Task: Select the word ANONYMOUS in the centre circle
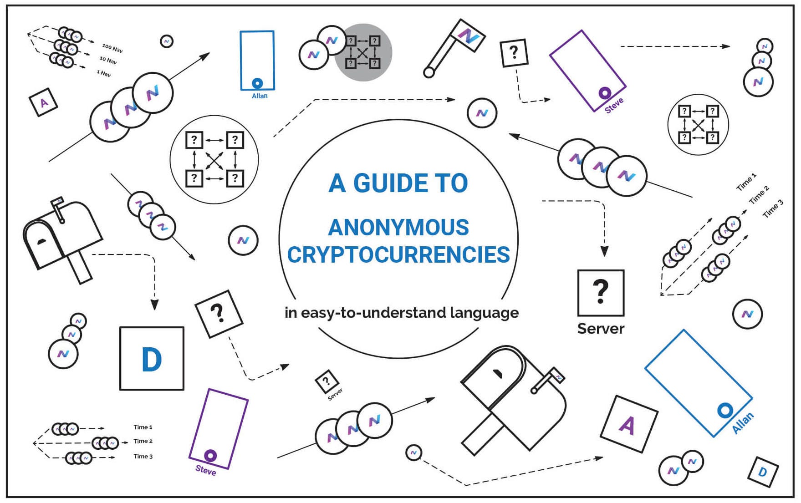398,228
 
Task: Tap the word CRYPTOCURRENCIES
398,255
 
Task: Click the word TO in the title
451,183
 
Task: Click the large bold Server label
601,329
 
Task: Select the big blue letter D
152,360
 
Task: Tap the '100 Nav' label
112,48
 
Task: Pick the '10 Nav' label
108,60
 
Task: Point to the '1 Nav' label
104,73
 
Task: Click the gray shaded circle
363,52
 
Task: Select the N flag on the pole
468,36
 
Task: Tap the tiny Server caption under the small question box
335,394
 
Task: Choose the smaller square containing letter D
763,472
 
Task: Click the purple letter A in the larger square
627,426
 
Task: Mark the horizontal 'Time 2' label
143,441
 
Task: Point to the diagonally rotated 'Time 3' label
773,208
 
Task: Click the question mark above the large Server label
601,291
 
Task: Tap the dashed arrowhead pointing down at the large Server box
604,251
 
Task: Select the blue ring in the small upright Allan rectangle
257,83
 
